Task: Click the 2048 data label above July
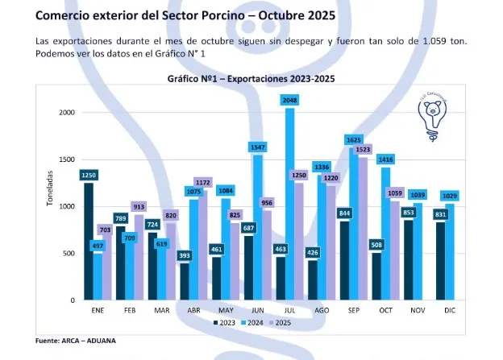(x=289, y=100)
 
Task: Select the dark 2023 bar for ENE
(x=88, y=242)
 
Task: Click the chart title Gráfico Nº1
(x=251, y=79)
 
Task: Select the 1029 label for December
(x=449, y=197)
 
